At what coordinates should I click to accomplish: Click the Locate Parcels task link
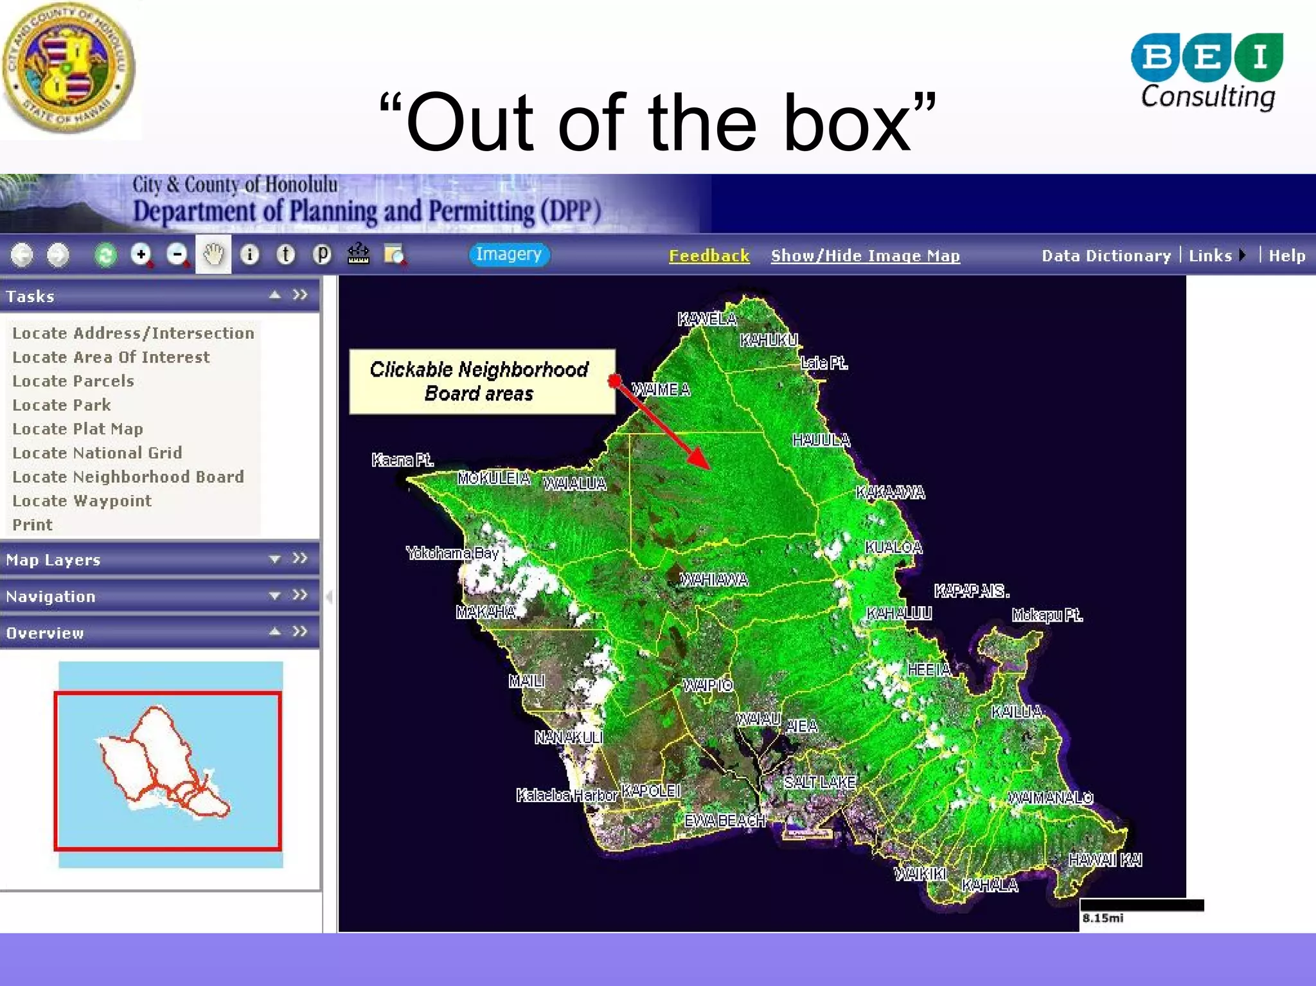[x=73, y=381]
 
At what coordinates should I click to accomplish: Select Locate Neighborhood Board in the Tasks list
[x=128, y=477]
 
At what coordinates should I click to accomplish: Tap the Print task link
[x=32, y=524]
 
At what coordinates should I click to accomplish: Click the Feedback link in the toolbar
[x=709, y=256]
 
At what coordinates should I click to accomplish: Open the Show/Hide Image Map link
[x=865, y=256]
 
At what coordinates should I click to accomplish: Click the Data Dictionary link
[x=1106, y=256]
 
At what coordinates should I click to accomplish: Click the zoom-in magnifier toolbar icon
[x=141, y=255]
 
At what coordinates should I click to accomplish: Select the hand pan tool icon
[x=213, y=255]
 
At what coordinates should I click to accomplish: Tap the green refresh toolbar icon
[x=105, y=255]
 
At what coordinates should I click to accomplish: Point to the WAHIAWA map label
[x=714, y=580]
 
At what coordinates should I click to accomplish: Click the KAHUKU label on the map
[x=769, y=340]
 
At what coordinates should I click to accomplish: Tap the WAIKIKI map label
[x=920, y=874]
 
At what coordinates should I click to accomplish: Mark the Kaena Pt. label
[x=402, y=460]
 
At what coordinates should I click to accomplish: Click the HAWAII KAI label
[x=1105, y=860]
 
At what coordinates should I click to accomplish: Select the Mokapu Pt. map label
[x=1047, y=615]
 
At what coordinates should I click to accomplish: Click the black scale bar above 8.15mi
[x=1141, y=905]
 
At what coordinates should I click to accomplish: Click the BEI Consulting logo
[x=1207, y=72]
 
